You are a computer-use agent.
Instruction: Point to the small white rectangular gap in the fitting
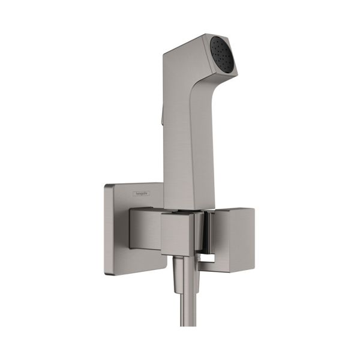point(208,257)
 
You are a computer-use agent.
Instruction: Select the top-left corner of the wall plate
point(106,185)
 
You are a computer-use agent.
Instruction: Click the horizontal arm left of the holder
point(145,228)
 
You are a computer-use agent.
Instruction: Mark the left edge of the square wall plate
point(105,228)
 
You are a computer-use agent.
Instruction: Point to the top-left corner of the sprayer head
point(164,53)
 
